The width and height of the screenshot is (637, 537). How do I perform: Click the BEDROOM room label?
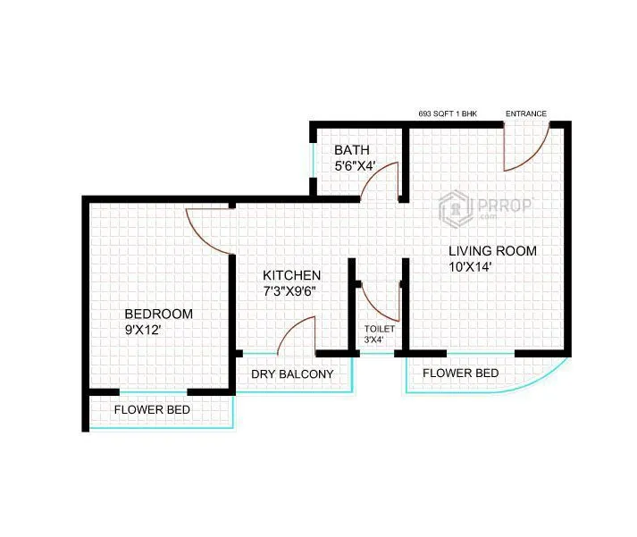pyautogui.click(x=159, y=314)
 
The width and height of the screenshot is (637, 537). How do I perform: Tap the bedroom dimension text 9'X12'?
pyautogui.click(x=142, y=330)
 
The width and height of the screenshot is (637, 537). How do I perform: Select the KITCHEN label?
pyautogui.click(x=291, y=275)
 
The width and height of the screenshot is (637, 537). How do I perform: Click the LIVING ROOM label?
pyautogui.click(x=492, y=251)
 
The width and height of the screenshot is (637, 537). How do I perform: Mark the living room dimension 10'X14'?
pyautogui.click(x=471, y=266)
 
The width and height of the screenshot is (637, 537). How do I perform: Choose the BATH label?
pyautogui.click(x=352, y=150)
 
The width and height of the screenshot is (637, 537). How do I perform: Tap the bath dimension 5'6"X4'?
pyautogui.click(x=355, y=166)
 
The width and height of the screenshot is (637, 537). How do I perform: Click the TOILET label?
pyautogui.click(x=379, y=330)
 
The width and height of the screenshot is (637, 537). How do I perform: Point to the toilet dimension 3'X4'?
pyautogui.click(x=373, y=340)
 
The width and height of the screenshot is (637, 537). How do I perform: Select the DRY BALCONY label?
pyautogui.click(x=292, y=374)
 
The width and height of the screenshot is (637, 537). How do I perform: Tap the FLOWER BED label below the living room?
pyautogui.click(x=460, y=373)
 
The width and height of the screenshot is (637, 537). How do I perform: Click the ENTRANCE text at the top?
pyautogui.click(x=526, y=113)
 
